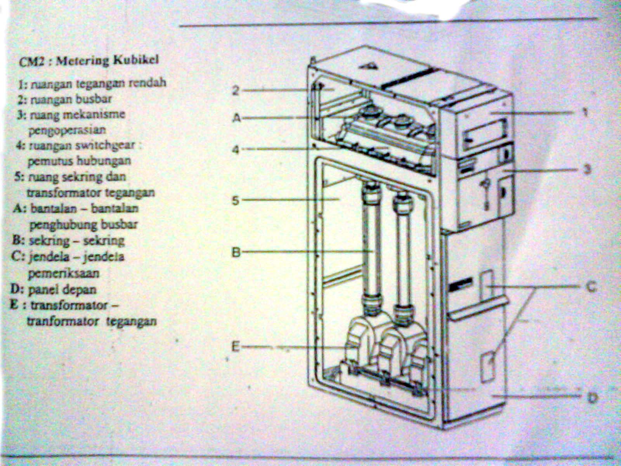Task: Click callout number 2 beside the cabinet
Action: pyautogui.click(x=236, y=90)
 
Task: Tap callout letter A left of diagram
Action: pyautogui.click(x=236, y=117)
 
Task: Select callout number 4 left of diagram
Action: pyautogui.click(x=236, y=149)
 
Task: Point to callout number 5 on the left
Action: pyautogui.click(x=236, y=200)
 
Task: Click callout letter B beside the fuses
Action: pyautogui.click(x=236, y=252)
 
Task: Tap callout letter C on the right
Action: pyautogui.click(x=590, y=287)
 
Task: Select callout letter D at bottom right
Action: pyautogui.click(x=592, y=397)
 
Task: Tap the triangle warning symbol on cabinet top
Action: pyautogui.click(x=371, y=65)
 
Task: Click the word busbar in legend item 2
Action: pyautogui.click(x=97, y=99)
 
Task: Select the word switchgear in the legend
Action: pyautogui.click(x=110, y=146)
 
